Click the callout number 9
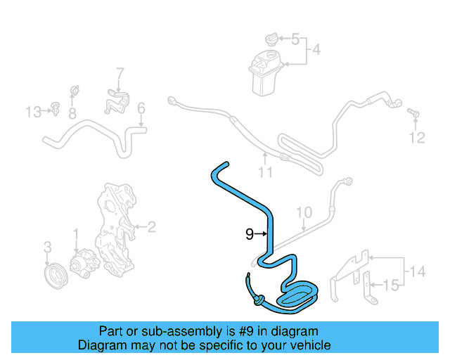pyautogui.click(x=249, y=235)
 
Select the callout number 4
pyautogui.click(x=316, y=50)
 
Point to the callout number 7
pyautogui.click(x=120, y=72)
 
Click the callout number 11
pyautogui.click(x=264, y=172)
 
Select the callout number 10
pyautogui.click(x=303, y=212)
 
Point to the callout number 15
pyautogui.click(x=392, y=285)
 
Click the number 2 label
pyautogui.click(x=150, y=226)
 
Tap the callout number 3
pyautogui.click(x=47, y=247)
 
